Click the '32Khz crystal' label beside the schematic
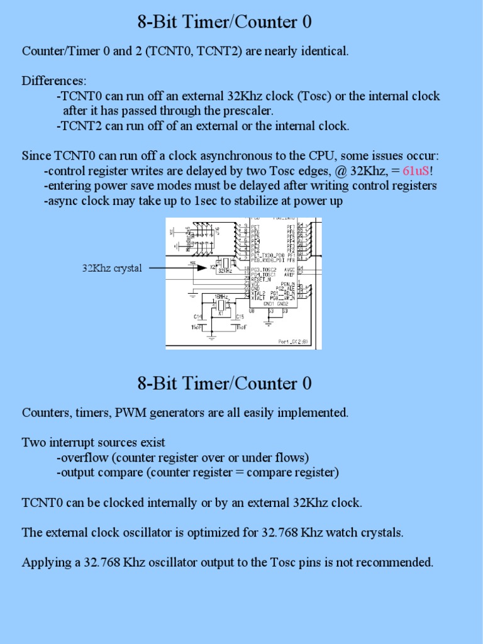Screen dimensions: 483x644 point(112,268)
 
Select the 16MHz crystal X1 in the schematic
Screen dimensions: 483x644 point(220,306)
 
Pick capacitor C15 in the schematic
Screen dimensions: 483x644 point(240,317)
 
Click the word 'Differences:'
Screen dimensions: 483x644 point(54,81)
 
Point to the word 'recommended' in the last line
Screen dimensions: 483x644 point(397,562)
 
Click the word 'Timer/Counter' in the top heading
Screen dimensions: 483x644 point(243,23)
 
